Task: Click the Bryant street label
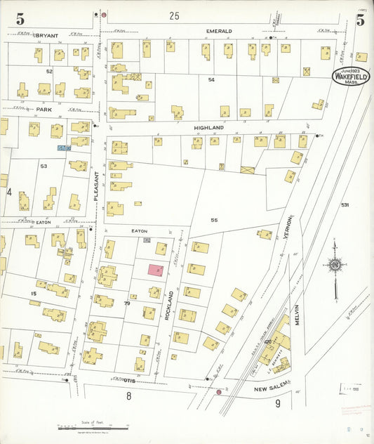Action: (x=46, y=34)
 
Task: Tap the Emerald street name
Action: (x=219, y=32)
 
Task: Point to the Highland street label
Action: (x=209, y=127)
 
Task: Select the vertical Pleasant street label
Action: (x=97, y=189)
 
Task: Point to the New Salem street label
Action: (x=269, y=387)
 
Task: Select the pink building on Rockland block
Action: (x=156, y=270)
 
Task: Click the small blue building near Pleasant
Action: (x=64, y=148)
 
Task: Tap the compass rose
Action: (x=334, y=265)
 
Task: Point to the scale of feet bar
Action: (x=93, y=427)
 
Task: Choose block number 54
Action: (x=211, y=79)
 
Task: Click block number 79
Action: (x=127, y=303)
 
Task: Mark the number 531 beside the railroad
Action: (x=345, y=204)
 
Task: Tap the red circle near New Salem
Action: (x=219, y=392)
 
